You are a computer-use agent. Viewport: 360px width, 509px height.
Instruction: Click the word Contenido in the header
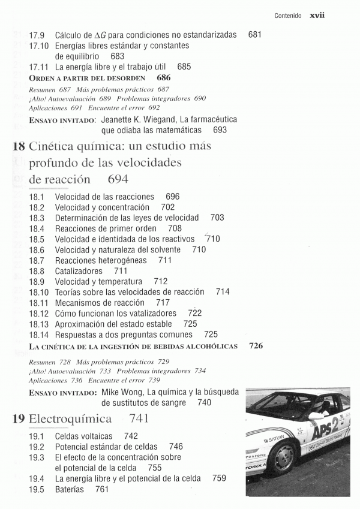point(287,17)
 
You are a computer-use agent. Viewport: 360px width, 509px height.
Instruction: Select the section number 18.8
point(37,271)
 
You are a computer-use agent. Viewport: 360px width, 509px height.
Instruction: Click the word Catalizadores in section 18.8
point(79,271)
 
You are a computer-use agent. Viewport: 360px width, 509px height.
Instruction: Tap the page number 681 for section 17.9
point(254,35)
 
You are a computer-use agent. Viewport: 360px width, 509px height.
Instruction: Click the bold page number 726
point(256,346)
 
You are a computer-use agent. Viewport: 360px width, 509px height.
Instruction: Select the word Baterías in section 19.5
point(70,490)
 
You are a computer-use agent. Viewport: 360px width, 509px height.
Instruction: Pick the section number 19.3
point(37,457)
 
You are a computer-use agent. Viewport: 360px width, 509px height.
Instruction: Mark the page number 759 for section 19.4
point(219,478)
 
